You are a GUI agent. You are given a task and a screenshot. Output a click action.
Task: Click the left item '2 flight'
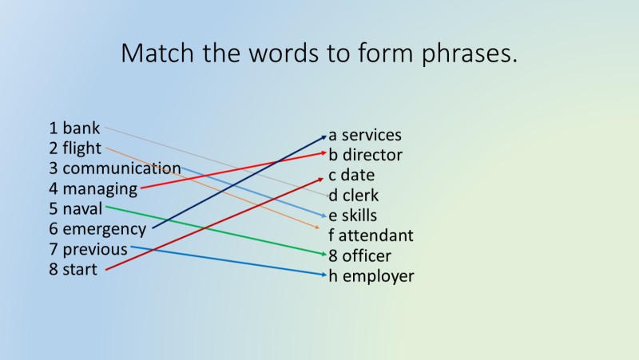[75, 148]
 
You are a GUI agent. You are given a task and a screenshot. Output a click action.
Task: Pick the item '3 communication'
[114, 168]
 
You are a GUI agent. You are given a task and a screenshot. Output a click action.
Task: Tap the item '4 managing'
[93, 189]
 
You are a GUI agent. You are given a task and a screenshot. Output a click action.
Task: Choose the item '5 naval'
[75, 209]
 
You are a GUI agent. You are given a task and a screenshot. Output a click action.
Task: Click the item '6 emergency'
[97, 230]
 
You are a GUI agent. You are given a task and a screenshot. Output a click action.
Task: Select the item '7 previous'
[88, 250]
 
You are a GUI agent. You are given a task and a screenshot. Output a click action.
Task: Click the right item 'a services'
[365, 136]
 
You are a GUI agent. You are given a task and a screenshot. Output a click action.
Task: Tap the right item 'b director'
[366, 156]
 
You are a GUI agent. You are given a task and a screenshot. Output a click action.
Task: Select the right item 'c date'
[351, 176]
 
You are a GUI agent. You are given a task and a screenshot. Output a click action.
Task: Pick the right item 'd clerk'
[354, 196]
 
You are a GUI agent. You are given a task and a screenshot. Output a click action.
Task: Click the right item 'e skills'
[353, 216]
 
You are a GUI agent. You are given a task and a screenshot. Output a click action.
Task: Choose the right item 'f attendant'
[371, 235]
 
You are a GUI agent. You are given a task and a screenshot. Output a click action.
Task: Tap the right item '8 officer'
[360, 256]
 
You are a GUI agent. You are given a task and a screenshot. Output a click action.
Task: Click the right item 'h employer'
[371, 276]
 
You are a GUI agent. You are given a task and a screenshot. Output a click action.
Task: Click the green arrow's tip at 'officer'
[325, 255]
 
